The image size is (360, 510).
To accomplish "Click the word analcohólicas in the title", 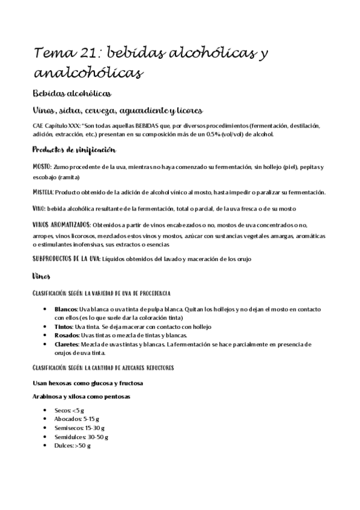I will click(89, 73).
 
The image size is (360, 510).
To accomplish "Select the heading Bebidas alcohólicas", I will click(71, 94).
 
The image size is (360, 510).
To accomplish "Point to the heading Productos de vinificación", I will click(74, 150).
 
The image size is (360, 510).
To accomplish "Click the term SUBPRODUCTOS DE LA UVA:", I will click(66, 259).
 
